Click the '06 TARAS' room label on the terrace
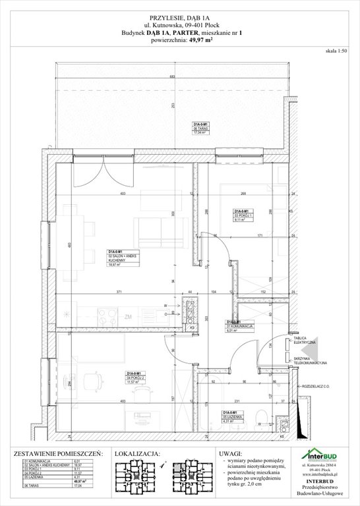(x=200, y=128)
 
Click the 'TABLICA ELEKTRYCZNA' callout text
(x=305, y=342)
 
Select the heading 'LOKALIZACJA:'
(x=137, y=454)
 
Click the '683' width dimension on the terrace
(x=171, y=77)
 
